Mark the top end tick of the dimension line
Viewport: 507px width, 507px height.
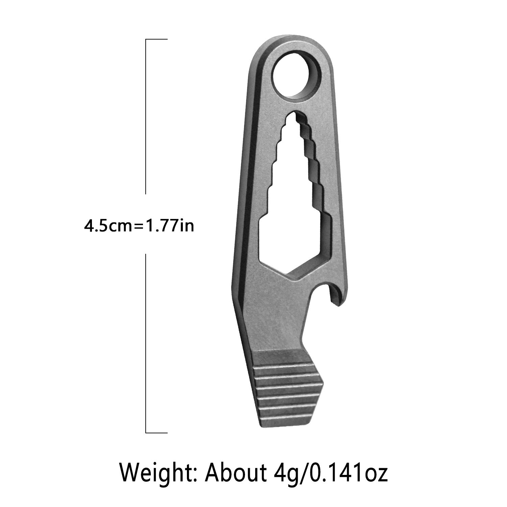click(156, 39)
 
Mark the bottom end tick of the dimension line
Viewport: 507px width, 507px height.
click(156, 433)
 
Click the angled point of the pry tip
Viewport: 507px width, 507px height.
click(323, 384)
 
